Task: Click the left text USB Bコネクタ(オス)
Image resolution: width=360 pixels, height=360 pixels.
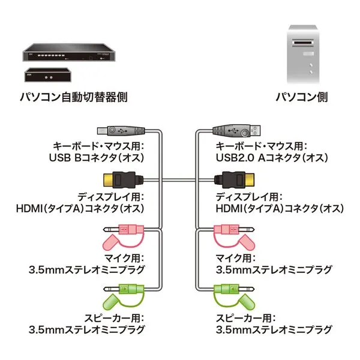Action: click(96, 158)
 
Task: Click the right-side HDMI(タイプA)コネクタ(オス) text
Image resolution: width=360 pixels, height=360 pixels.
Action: click(280, 209)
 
